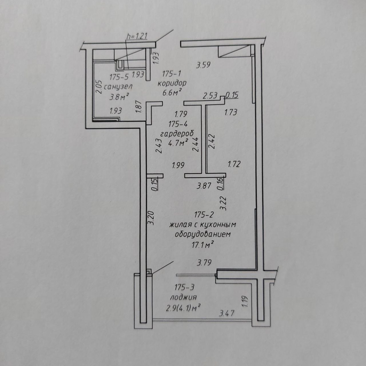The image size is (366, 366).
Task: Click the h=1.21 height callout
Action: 137,37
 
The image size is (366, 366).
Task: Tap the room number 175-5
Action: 120,76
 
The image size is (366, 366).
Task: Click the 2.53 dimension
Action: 210,96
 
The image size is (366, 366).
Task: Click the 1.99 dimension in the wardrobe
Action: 178,165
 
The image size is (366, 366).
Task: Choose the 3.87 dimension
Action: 204,186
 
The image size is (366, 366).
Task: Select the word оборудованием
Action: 202,234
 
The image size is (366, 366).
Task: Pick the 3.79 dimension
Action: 204,262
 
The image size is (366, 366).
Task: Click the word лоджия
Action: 183,297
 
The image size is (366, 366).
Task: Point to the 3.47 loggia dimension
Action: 226,313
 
